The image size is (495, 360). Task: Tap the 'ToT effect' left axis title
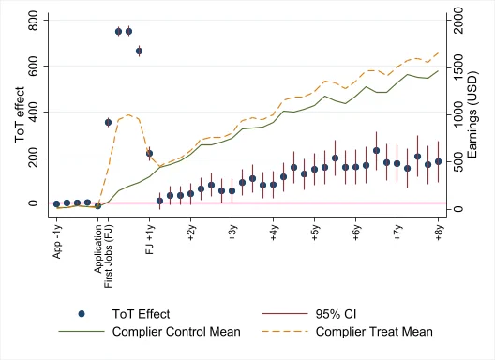coord(20,114)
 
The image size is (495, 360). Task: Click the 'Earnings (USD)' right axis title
coord(472,114)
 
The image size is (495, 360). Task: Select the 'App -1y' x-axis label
coord(57,241)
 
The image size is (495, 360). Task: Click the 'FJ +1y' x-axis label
coord(149,239)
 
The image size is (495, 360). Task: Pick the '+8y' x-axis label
coord(438,232)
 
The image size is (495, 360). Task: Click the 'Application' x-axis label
coord(98,248)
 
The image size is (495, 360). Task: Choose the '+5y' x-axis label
coord(314,232)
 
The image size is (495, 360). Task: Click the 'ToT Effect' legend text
coord(141,314)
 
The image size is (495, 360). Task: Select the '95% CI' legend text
coord(336,314)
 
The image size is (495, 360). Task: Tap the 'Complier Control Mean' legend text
coord(176,332)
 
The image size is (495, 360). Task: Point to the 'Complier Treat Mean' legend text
coord(374,332)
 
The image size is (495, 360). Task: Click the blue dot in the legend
coord(82,314)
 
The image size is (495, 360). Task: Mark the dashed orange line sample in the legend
coord(285,331)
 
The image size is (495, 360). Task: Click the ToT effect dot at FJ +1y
coord(149,154)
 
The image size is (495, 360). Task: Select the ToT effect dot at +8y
coord(438,161)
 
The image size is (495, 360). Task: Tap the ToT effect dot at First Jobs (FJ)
coord(108,122)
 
